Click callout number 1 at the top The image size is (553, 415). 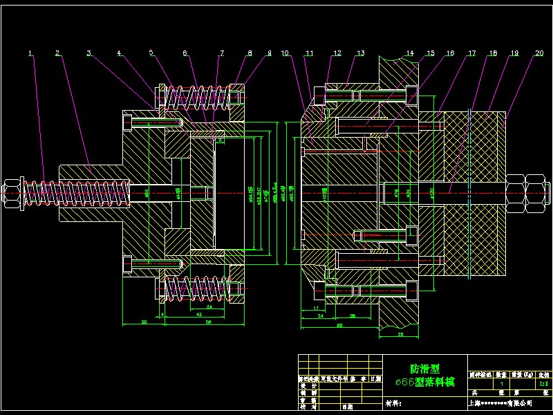point(30,53)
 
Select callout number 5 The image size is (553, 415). point(151,53)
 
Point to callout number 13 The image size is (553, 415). point(360,53)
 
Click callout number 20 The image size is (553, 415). point(538,53)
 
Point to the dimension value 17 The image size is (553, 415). point(315,308)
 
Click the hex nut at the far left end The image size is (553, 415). point(12,193)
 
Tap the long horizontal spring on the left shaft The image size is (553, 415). point(76,192)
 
